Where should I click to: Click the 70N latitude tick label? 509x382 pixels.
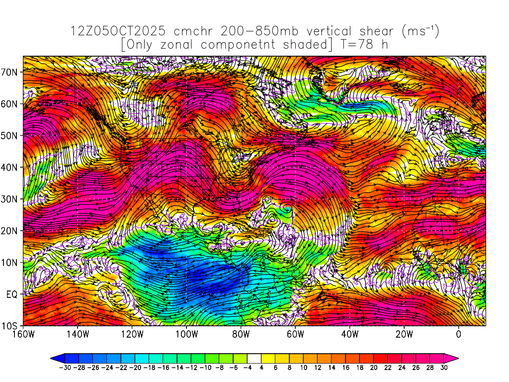pos(11,72)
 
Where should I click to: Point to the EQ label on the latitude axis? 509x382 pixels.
pos(12,294)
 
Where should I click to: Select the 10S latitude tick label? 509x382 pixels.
pos(11,326)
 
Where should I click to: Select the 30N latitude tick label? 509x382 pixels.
pos(11,199)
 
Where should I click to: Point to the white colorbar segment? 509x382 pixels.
pos(254,358)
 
